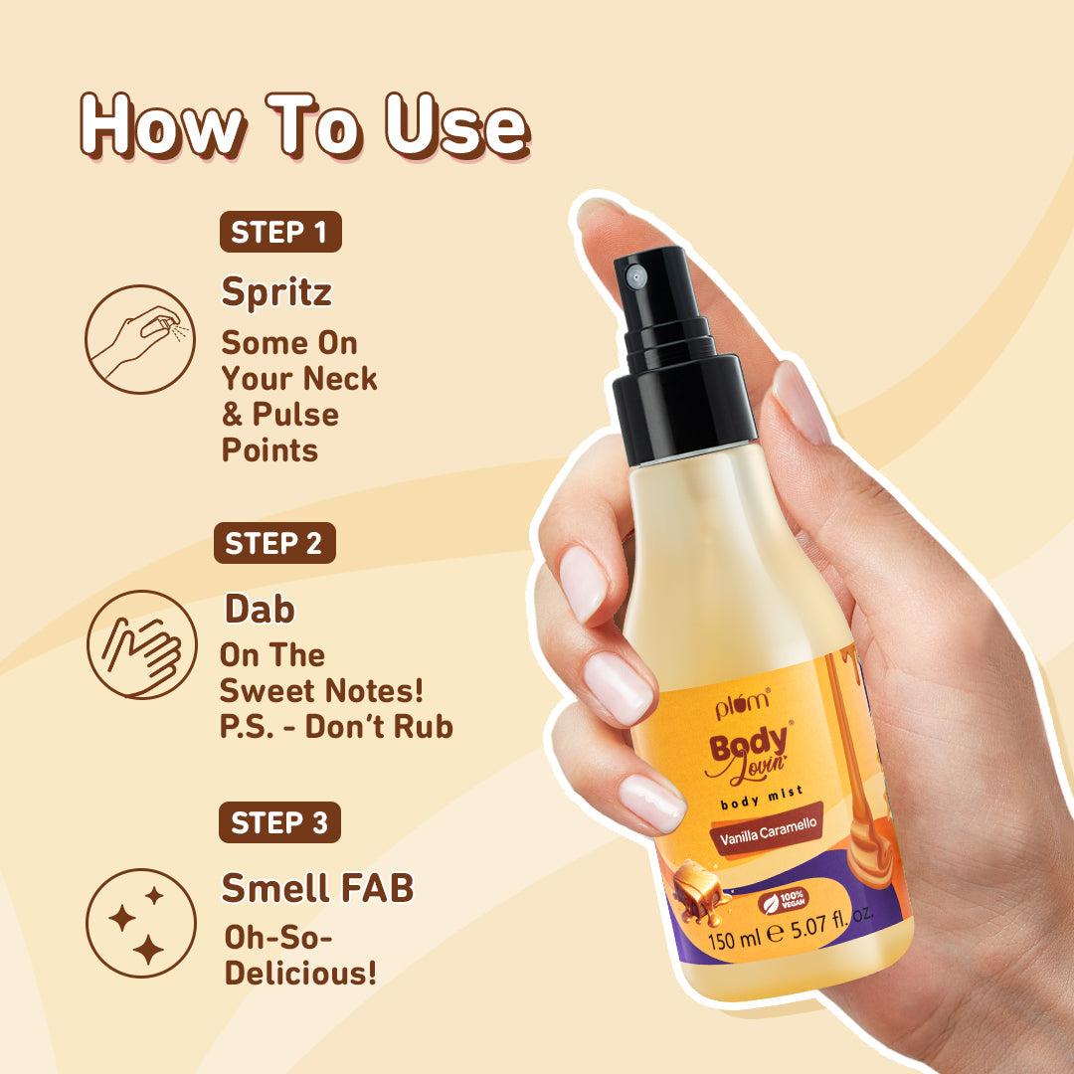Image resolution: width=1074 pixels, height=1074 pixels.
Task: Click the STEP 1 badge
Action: (279, 233)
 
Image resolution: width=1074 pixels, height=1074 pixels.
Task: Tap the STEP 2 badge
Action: (274, 544)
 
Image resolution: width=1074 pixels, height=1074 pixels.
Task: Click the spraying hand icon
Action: (138, 338)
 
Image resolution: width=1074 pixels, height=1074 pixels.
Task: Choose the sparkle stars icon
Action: (138, 922)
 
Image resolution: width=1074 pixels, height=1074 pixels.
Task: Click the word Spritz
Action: (276, 292)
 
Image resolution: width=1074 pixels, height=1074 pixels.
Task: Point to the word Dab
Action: (260, 609)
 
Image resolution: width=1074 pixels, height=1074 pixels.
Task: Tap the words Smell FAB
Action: (317, 888)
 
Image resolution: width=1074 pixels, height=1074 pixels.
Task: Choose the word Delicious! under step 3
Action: (300, 973)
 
